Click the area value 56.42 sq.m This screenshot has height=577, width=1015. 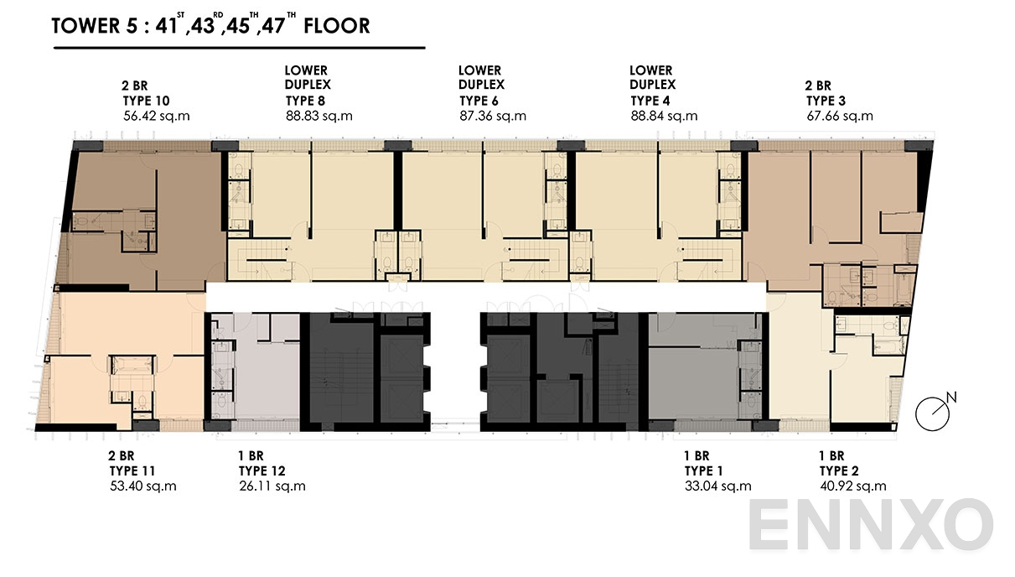[x=156, y=116]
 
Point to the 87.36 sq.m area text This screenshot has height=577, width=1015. [x=493, y=116]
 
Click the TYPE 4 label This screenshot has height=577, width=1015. [x=653, y=101]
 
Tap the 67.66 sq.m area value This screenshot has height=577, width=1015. [x=840, y=116]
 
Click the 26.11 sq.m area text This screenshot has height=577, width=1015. [x=272, y=486]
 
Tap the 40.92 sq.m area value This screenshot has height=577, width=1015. [x=853, y=486]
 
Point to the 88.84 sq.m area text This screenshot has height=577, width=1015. [x=664, y=116]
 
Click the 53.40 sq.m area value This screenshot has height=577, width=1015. [x=143, y=486]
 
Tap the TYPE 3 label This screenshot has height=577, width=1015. [x=826, y=101]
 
